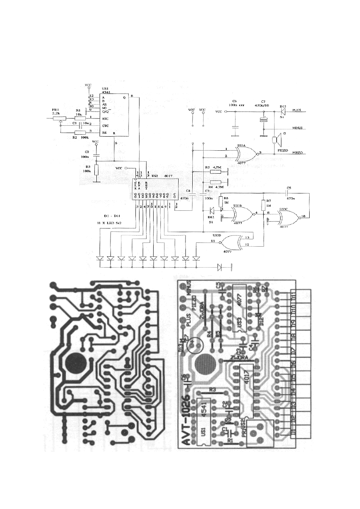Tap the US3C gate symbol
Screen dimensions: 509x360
[x=289, y=219]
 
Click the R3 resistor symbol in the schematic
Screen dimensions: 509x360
[x=96, y=170]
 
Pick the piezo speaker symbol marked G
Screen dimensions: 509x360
[x=275, y=140]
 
